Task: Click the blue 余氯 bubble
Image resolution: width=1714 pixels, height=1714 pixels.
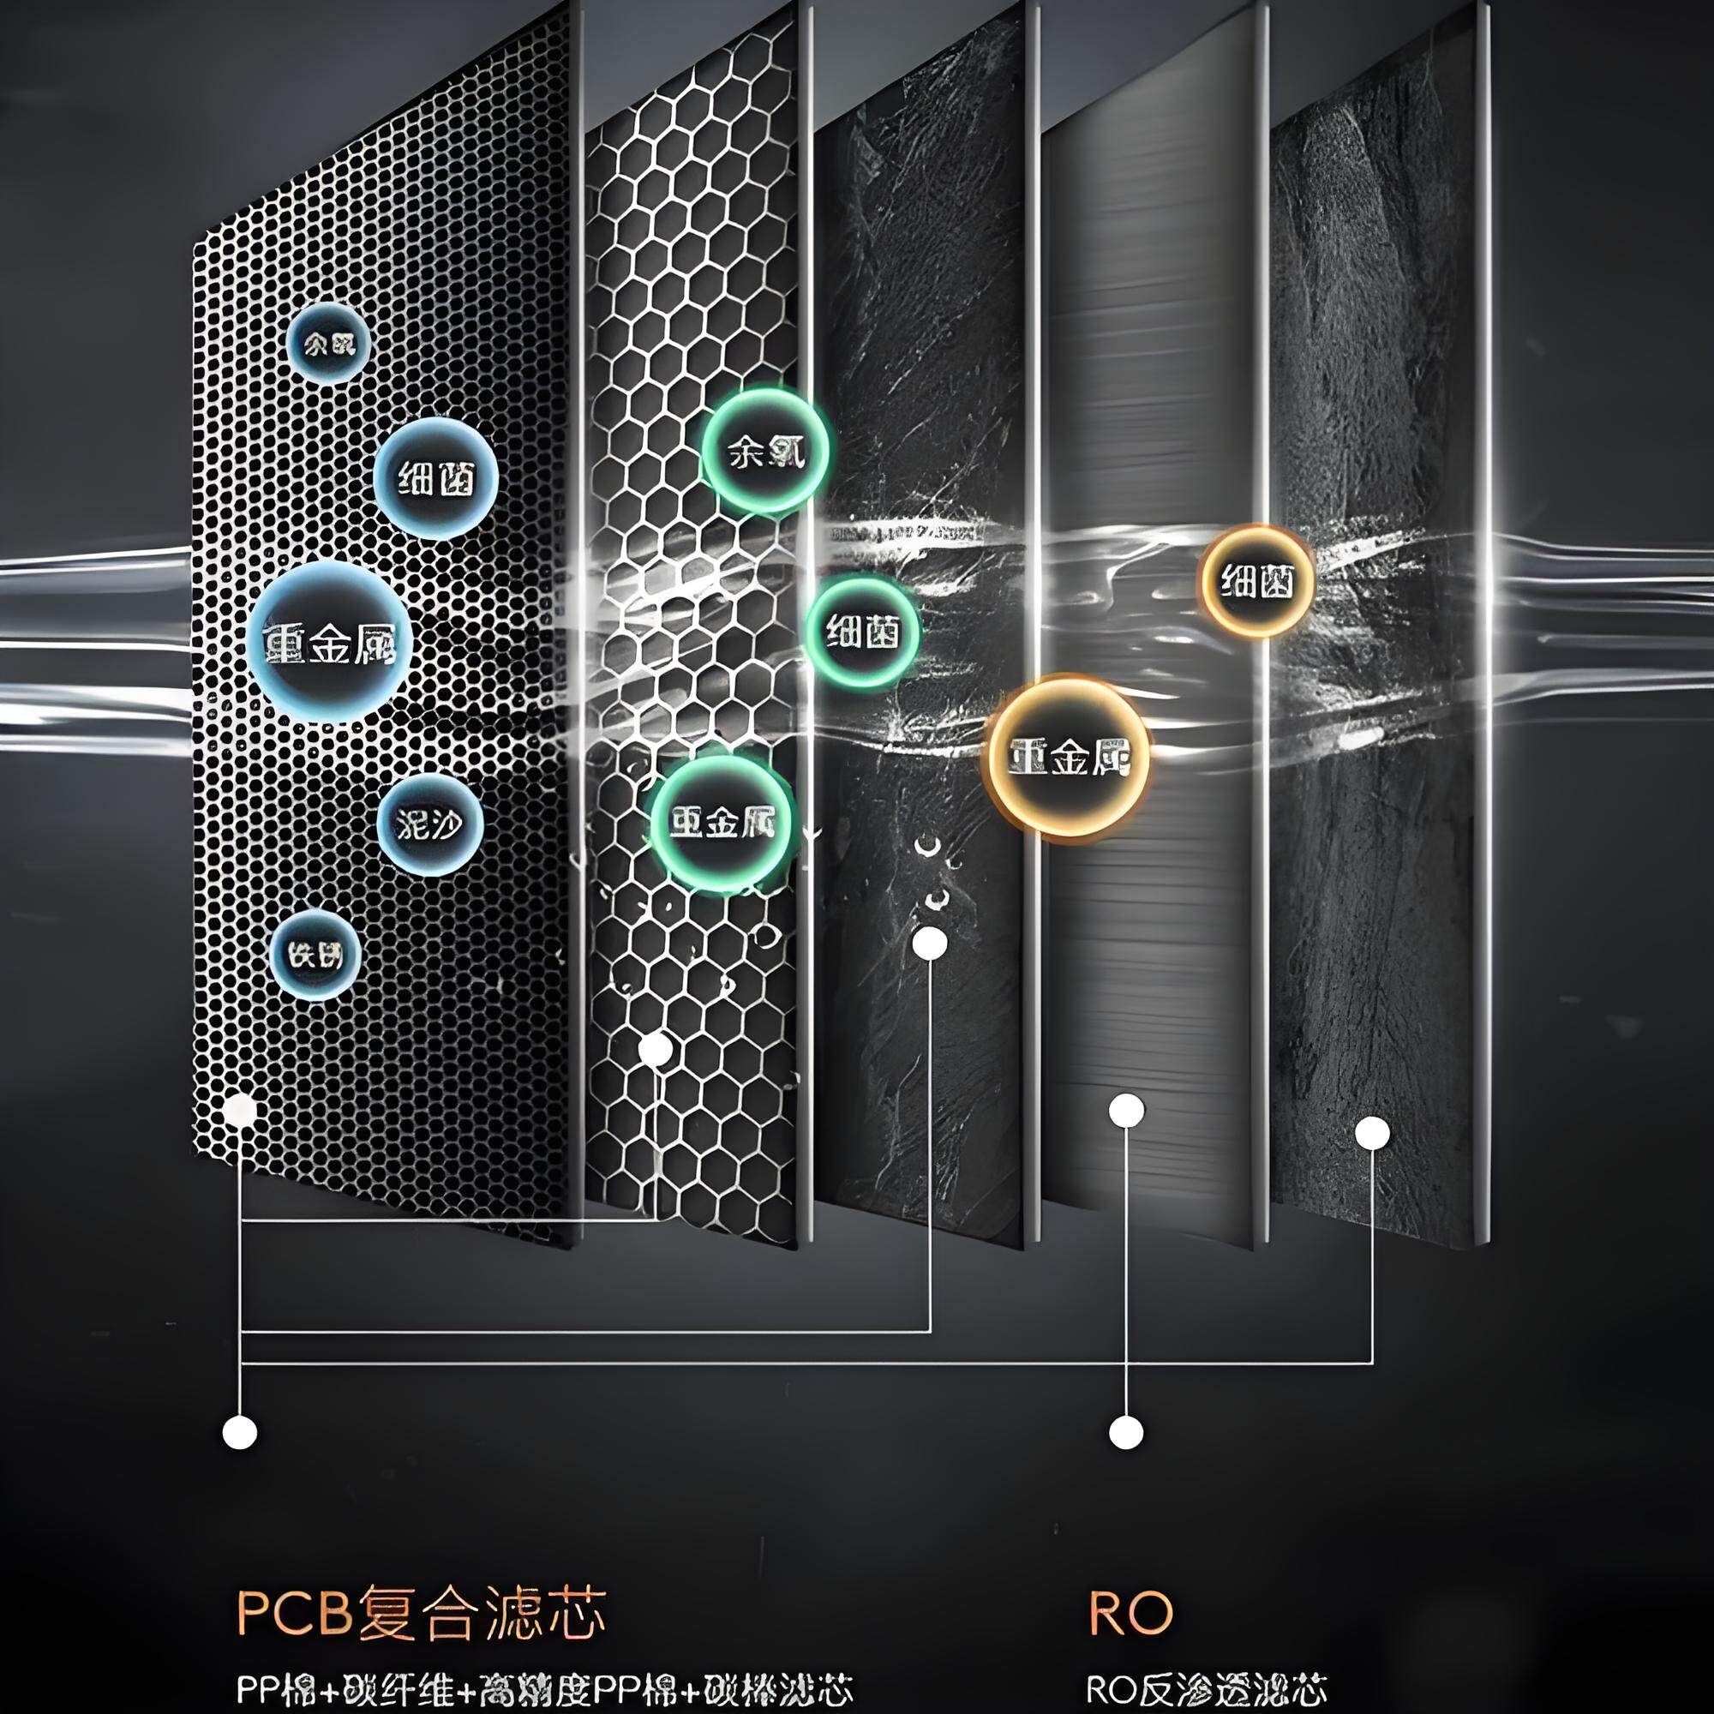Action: coord(328,344)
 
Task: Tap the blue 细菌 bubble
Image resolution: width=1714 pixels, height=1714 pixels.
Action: coord(434,479)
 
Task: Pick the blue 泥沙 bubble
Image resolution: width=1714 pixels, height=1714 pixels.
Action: coord(430,825)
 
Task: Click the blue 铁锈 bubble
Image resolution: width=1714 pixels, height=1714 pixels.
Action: coord(314,955)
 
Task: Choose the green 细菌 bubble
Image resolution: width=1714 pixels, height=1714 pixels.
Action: coord(862,632)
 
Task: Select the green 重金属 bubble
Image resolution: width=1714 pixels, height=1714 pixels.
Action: coord(722,824)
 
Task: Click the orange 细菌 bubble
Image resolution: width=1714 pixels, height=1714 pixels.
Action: coord(1256,581)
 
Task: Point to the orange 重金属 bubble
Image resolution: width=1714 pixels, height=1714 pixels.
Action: coord(1068,757)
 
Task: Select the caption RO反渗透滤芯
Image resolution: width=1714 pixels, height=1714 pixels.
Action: coord(1207,1689)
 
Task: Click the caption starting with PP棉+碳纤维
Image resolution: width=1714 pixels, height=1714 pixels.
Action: coord(545,1689)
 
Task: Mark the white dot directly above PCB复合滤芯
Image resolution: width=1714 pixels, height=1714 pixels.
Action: coord(240,1432)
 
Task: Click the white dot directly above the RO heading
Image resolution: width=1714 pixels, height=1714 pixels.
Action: coord(1127,1432)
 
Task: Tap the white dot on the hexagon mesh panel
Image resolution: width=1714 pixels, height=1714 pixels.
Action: coord(655,1050)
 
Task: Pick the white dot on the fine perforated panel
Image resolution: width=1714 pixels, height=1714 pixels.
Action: coord(240,1110)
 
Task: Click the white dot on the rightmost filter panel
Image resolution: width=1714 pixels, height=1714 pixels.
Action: coord(1372,1133)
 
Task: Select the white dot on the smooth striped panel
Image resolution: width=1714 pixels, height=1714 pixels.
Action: coord(1127,1110)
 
